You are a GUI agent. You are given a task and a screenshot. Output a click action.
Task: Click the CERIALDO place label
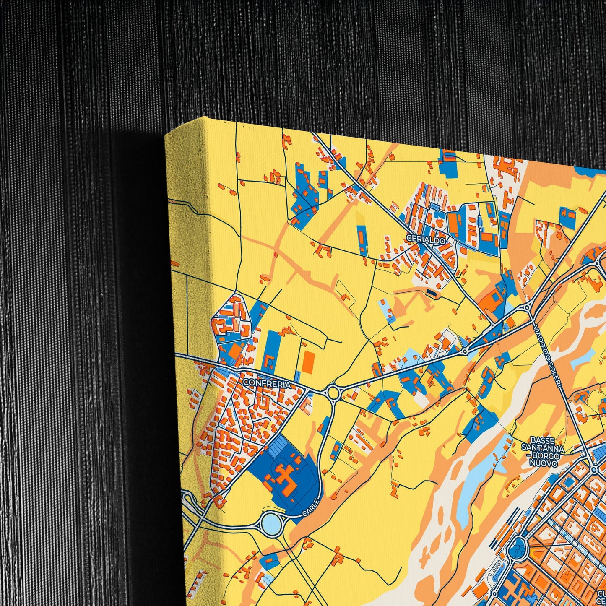(425, 238)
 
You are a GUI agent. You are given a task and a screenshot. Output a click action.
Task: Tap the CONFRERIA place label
(266, 383)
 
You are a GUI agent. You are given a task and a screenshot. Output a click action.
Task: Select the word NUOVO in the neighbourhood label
(543, 463)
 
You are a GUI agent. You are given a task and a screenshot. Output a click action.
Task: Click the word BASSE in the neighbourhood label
(542, 440)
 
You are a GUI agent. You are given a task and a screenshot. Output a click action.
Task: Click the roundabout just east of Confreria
(333, 393)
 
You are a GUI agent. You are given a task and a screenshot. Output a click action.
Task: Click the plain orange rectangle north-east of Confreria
(308, 362)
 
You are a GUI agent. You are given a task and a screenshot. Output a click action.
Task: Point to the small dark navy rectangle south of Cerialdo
(431, 291)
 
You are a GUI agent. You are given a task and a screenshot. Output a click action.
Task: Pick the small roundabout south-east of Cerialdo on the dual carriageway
(465, 351)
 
